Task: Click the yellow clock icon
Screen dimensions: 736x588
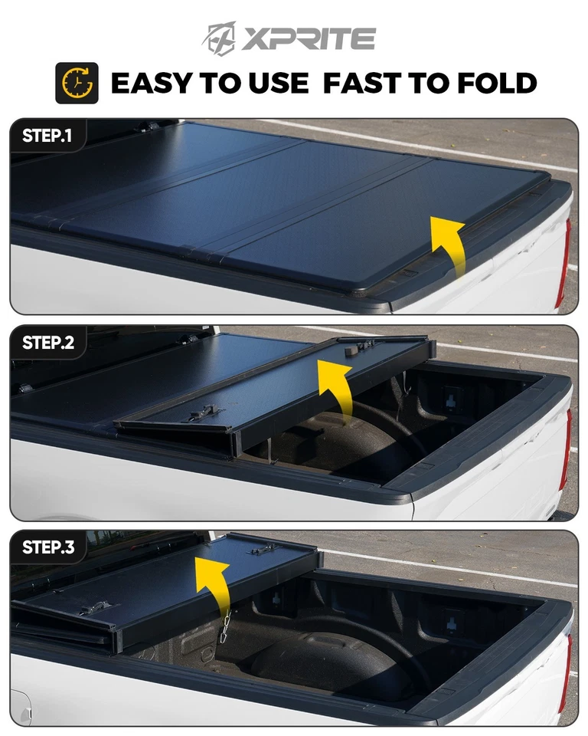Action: (x=77, y=83)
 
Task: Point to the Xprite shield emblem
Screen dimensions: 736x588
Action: (x=220, y=38)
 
